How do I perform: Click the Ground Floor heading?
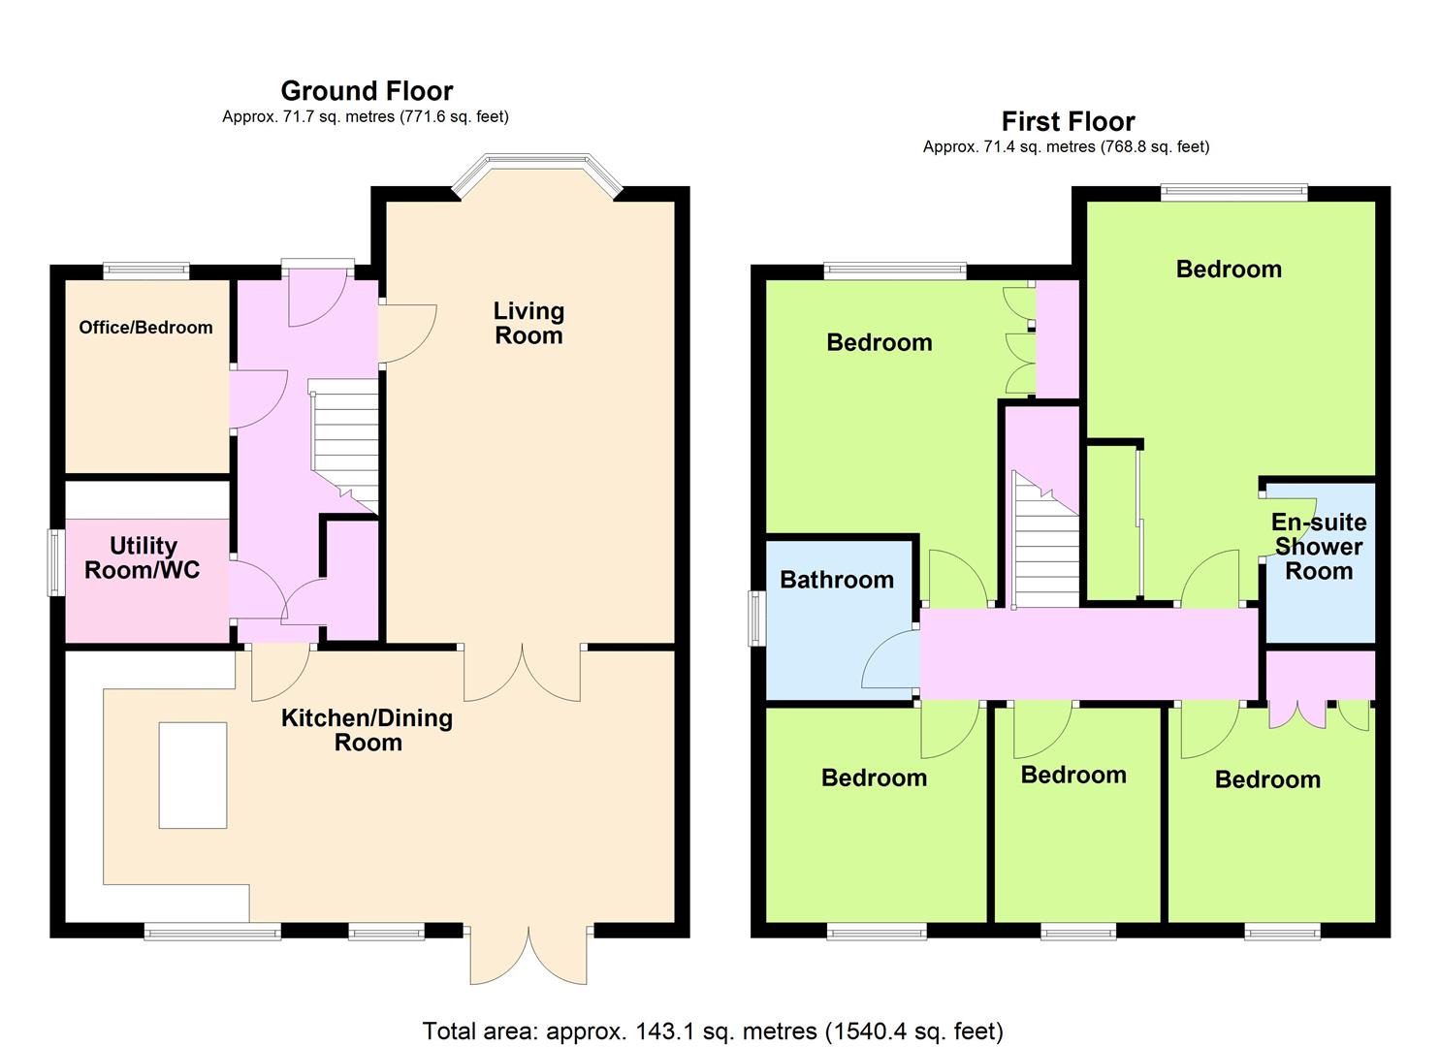tap(367, 91)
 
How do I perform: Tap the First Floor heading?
tap(1068, 121)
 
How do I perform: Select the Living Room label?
tap(528, 323)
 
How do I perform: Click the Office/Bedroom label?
tap(145, 328)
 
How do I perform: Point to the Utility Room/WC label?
tap(143, 557)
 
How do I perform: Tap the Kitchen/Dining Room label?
tap(368, 730)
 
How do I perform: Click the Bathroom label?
tap(836, 580)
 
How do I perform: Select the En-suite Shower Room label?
tap(1319, 547)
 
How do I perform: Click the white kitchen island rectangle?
tap(193, 776)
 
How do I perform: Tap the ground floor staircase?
tap(344, 446)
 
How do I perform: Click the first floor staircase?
tap(1045, 539)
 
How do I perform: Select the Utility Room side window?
tap(56, 562)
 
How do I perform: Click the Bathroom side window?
tap(756, 618)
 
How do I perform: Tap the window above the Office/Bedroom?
tap(146, 271)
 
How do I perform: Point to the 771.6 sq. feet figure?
tap(455, 117)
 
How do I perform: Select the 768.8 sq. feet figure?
tap(1156, 147)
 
